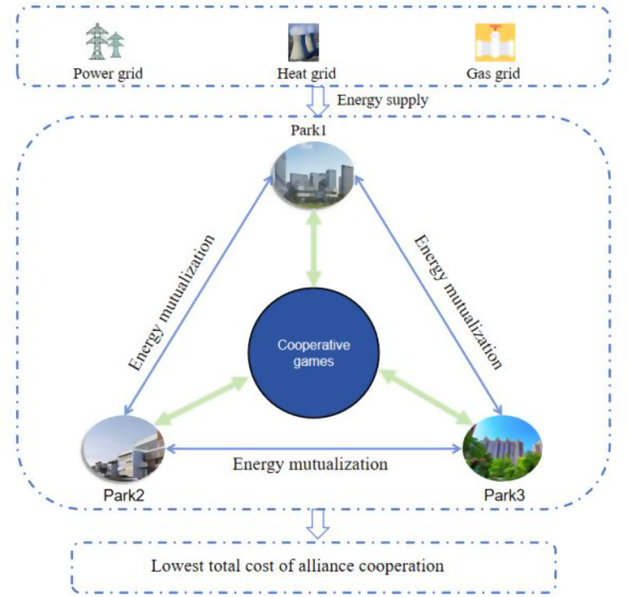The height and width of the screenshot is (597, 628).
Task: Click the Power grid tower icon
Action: tap(105, 41)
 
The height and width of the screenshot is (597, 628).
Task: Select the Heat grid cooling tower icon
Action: tap(304, 42)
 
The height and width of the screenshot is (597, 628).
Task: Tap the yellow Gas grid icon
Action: tap(495, 42)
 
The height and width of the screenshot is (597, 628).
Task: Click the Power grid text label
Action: tap(108, 73)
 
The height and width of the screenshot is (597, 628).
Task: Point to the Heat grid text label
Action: tap(306, 73)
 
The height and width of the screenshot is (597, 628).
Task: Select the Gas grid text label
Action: tap(493, 73)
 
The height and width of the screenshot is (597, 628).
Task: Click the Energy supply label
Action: tap(382, 99)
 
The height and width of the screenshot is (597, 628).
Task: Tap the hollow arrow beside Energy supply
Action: tap(318, 101)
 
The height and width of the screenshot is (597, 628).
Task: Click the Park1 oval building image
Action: tap(313, 175)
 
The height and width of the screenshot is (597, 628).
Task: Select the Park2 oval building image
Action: tap(124, 449)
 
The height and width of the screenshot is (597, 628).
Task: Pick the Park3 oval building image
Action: tap(503, 448)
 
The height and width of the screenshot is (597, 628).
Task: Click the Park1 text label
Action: tap(308, 130)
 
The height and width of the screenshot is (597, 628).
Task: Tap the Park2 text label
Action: tap(124, 495)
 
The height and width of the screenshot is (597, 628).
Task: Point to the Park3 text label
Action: tap(504, 495)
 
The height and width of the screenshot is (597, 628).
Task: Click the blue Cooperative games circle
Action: tap(313, 353)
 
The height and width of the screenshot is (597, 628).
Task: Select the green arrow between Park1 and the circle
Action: tap(313, 249)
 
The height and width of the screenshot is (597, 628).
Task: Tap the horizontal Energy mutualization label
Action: tap(310, 464)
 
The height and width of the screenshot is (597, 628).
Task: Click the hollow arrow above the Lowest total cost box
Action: tap(318, 524)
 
